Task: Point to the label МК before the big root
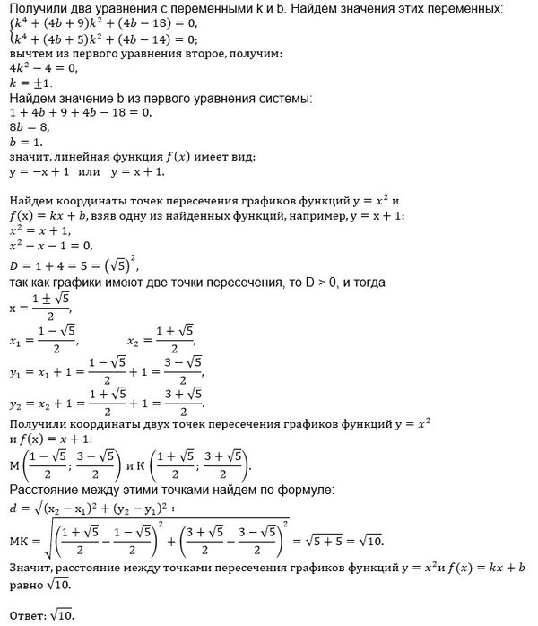coord(17,544)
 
